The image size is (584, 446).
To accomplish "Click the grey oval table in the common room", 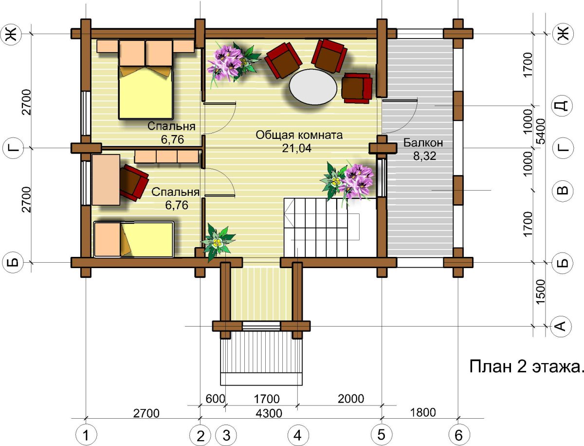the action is point(313,87).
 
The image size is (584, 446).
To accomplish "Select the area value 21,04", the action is point(297,148).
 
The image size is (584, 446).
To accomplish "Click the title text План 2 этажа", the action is point(526,366).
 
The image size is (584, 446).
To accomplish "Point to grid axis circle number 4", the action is point(298,435).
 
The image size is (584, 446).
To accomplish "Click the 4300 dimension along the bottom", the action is point(269,413).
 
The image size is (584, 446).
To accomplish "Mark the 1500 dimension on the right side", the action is point(540,291).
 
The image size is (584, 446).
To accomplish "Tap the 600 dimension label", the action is point(215,399).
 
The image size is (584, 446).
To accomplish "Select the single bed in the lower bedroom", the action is point(134,240).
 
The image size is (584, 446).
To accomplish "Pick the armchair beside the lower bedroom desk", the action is point(134,182).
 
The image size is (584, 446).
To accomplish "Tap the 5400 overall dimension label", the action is point(541,132).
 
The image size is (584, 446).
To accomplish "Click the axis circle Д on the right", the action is point(563,105).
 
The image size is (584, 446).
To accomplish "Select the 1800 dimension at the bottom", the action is point(423,412).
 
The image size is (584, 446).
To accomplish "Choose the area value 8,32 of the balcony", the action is point(425,156).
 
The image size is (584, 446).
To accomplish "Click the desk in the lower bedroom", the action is point(106,180).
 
